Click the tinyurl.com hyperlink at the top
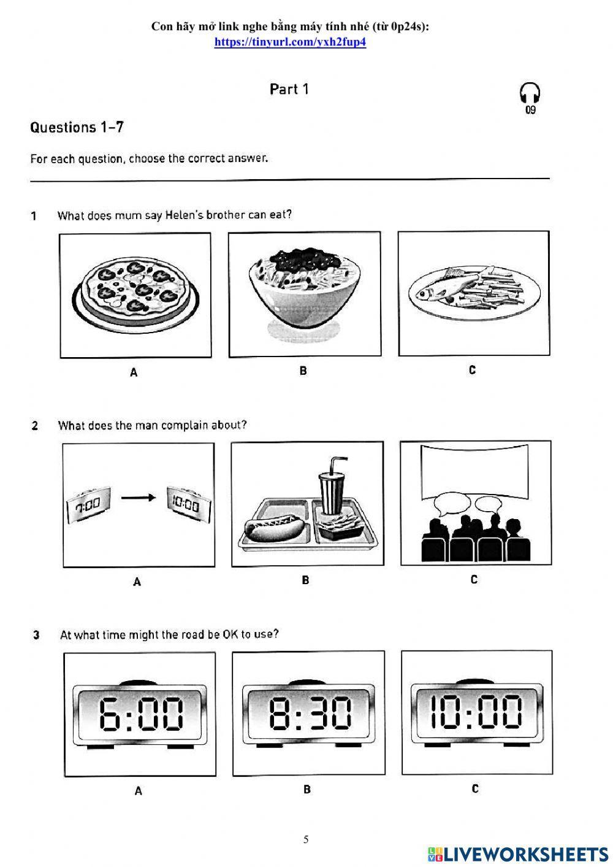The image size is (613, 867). pos(290,42)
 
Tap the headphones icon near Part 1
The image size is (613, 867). pos(530,94)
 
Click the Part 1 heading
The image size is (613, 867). pos(289,90)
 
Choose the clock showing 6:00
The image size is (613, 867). pos(140,714)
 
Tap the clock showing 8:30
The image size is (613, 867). pos(309,714)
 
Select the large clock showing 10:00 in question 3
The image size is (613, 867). pos(476,712)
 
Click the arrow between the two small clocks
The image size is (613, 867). pos(138,498)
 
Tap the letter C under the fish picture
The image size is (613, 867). pos(472,370)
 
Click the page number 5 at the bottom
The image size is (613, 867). pos(306,839)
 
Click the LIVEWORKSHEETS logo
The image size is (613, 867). pos(518,854)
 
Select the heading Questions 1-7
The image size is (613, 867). pos(77,128)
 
